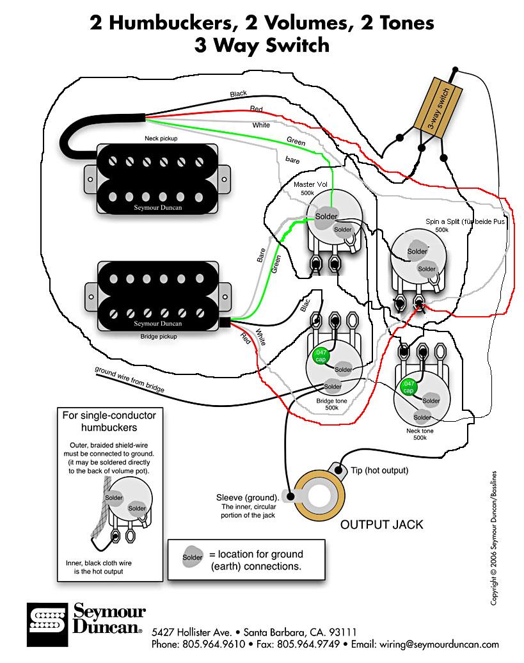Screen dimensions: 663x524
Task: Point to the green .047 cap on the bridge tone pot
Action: (319, 356)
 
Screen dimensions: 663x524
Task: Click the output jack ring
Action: (316, 496)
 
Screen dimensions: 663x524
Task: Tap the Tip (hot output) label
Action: (379, 470)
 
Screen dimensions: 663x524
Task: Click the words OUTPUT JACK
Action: (381, 524)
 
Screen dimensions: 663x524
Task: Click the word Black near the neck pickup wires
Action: (238, 94)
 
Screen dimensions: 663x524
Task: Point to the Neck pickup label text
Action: (161, 138)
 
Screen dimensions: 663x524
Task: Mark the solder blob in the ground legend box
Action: (192, 557)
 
